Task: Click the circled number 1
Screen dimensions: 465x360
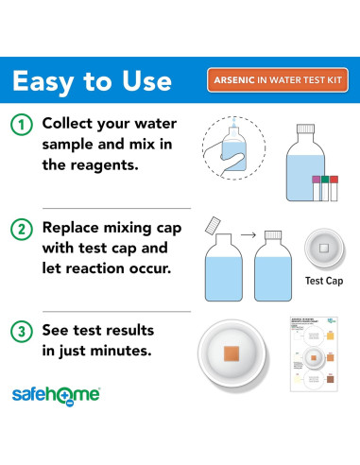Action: [20, 125]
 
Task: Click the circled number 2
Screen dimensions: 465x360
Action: [20, 228]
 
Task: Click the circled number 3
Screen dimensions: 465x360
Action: [20, 331]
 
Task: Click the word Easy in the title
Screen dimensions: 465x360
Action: [51, 79]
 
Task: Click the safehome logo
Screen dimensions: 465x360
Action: [56, 393]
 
